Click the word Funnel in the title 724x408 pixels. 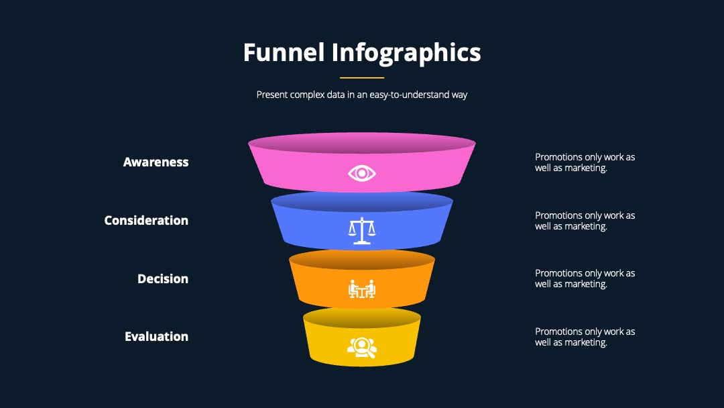click(284, 52)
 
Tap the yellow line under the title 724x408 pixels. click(362, 78)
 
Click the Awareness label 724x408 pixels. click(156, 162)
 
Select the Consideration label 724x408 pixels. click(146, 220)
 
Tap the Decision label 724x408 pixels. click(163, 278)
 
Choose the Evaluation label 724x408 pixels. click(156, 336)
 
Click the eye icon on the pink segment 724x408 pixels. click(362, 173)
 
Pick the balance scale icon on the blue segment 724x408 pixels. click(362, 231)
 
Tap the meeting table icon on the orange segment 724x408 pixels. click(362, 289)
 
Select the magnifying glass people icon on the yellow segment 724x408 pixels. click(362, 348)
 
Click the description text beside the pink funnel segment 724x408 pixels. click(585, 162)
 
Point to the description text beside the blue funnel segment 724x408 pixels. click(585, 221)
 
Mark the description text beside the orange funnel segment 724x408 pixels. click(585, 278)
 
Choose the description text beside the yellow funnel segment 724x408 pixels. click(585, 337)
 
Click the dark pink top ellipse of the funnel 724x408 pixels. click(362, 143)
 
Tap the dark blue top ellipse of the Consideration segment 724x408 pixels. click(362, 202)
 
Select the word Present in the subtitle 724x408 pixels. click(271, 95)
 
